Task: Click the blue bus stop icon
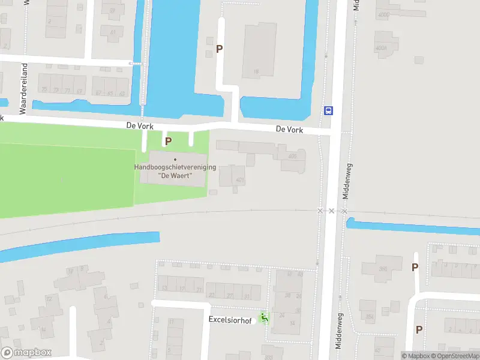tap(329, 110)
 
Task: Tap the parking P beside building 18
tap(220, 49)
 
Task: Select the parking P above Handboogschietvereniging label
tap(169, 141)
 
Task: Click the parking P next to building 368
tap(415, 268)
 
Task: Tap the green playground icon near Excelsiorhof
tap(264, 317)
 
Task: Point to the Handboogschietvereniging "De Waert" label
tap(175, 172)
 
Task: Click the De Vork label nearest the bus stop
tap(289, 130)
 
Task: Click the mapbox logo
tap(26, 353)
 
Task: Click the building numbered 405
tap(292, 157)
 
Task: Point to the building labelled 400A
tap(380, 47)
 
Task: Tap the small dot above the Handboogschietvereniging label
tap(175, 159)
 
